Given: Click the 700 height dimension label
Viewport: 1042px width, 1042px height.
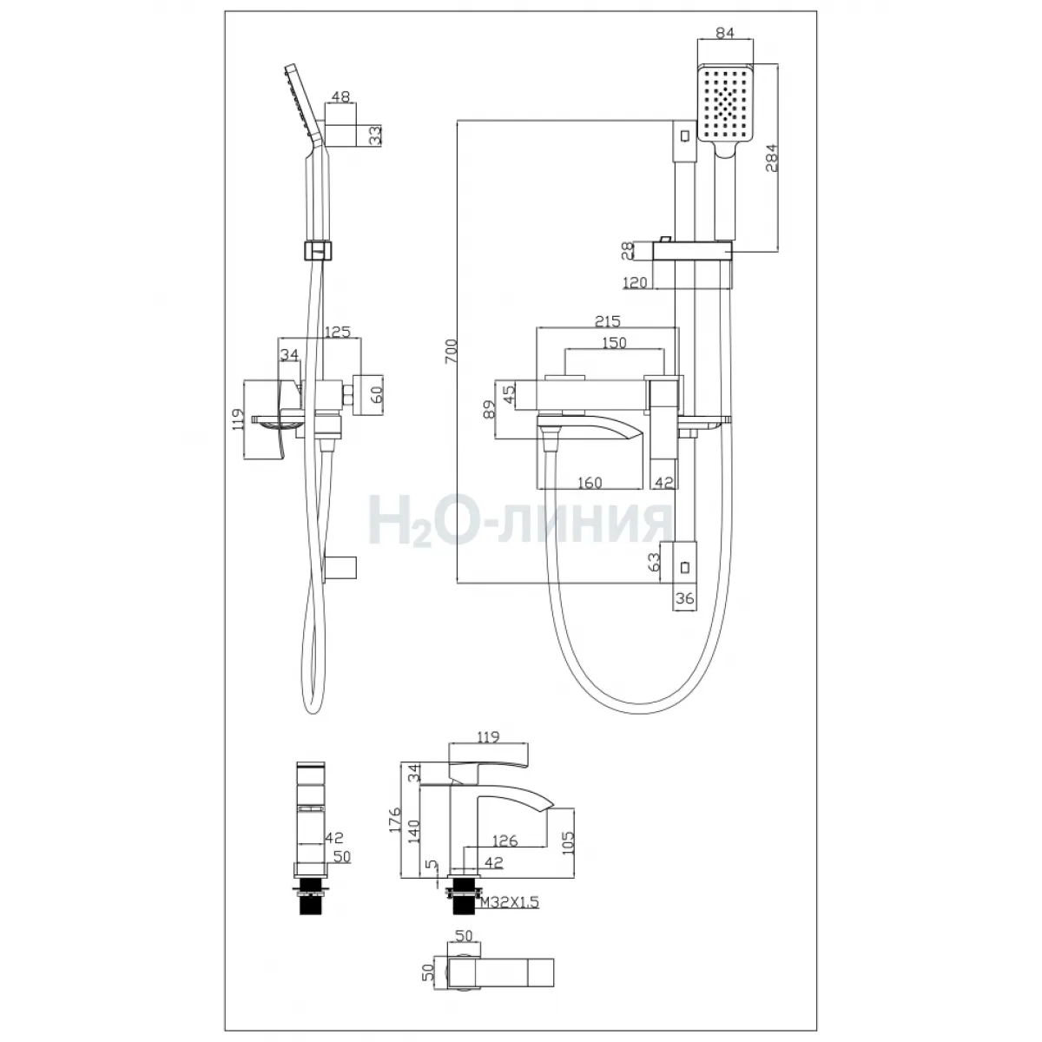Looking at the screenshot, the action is (451, 351).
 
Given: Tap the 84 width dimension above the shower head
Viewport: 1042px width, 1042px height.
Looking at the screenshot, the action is (724, 32).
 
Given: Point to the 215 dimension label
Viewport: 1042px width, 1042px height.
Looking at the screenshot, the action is (607, 321).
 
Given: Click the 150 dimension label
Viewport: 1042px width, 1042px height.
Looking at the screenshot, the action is (614, 342).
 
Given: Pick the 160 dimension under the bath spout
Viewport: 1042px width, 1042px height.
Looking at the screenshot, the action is (590, 482).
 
